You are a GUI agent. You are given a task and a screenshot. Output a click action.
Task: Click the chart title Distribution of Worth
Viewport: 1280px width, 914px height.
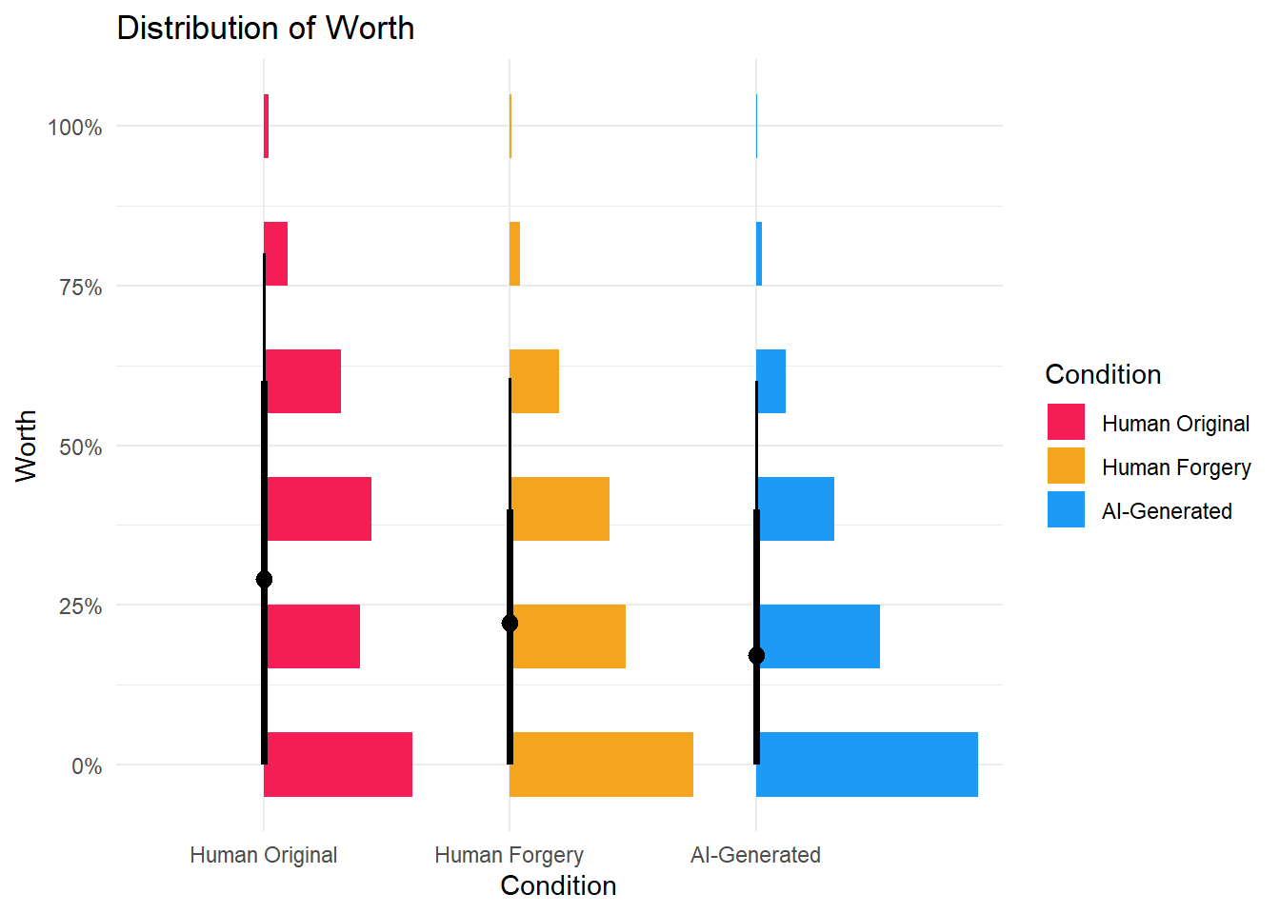tap(265, 29)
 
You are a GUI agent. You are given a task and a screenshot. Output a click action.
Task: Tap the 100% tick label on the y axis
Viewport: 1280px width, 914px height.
tap(75, 128)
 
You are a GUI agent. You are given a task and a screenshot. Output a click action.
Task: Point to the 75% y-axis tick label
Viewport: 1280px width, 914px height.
tap(81, 288)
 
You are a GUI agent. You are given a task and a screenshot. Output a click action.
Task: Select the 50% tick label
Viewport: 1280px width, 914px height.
tap(81, 447)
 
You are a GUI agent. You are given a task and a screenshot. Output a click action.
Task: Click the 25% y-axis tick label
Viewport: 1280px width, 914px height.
tap(81, 606)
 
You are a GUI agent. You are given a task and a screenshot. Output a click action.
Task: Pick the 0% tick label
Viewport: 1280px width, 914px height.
tap(87, 766)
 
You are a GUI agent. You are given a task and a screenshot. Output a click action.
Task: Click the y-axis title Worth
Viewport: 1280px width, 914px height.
tap(26, 446)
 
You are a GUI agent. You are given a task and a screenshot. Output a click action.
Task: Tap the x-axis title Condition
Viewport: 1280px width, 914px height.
tap(558, 886)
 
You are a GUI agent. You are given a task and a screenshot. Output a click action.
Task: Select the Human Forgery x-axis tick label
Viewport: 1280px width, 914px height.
tap(509, 855)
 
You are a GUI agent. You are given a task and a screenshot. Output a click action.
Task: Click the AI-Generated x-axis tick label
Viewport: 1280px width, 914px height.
tap(755, 855)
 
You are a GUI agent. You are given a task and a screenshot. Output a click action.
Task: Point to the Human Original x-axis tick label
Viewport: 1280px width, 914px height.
tap(263, 855)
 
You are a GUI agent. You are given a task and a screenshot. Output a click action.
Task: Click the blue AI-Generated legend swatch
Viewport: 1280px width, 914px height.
tap(1066, 509)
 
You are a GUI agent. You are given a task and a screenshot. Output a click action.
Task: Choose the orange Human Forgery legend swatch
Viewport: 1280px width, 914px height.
tap(1066, 466)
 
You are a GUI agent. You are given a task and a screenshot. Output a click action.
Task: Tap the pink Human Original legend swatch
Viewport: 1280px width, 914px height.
tap(1066, 422)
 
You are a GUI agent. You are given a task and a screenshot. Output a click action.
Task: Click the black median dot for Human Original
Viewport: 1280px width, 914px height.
tap(264, 579)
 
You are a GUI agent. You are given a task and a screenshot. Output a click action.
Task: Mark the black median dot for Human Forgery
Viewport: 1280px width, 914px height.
tap(510, 623)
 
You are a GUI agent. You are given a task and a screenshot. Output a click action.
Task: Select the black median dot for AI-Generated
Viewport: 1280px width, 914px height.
tap(756, 655)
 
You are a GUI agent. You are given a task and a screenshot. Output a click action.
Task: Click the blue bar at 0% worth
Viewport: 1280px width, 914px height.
tap(868, 765)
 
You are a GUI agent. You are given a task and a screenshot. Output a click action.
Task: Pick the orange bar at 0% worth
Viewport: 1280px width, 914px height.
tap(602, 765)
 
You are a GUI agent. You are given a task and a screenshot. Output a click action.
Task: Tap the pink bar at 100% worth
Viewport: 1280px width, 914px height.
tap(266, 126)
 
